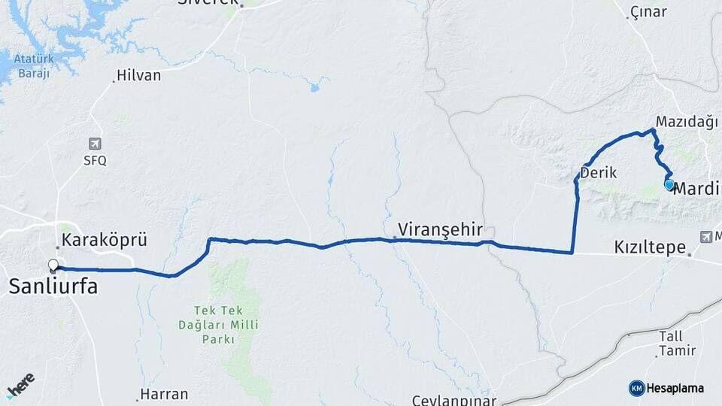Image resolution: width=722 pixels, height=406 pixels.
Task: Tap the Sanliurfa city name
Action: pyautogui.click(x=53, y=286)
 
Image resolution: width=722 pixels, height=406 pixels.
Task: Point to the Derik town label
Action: pyautogui.click(x=599, y=172)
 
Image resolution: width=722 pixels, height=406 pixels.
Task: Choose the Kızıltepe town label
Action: pyautogui.click(x=650, y=247)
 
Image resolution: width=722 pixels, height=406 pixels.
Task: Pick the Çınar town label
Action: pyautogui.click(x=648, y=11)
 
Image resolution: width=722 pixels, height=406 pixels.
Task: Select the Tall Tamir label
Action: pyautogui.click(x=671, y=343)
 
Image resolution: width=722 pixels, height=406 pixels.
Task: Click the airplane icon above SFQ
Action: pyautogui.click(x=95, y=144)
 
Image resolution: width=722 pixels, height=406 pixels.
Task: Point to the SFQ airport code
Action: pyautogui.click(x=96, y=160)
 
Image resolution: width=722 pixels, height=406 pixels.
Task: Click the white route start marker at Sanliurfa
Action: pyautogui.click(x=53, y=265)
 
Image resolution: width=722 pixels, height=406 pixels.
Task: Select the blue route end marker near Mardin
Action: pyautogui.click(x=669, y=184)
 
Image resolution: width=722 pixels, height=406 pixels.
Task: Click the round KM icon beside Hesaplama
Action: pyautogui.click(x=636, y=388)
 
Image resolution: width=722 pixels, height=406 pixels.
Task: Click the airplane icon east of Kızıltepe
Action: pyautogui.click(x=705, y=237)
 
